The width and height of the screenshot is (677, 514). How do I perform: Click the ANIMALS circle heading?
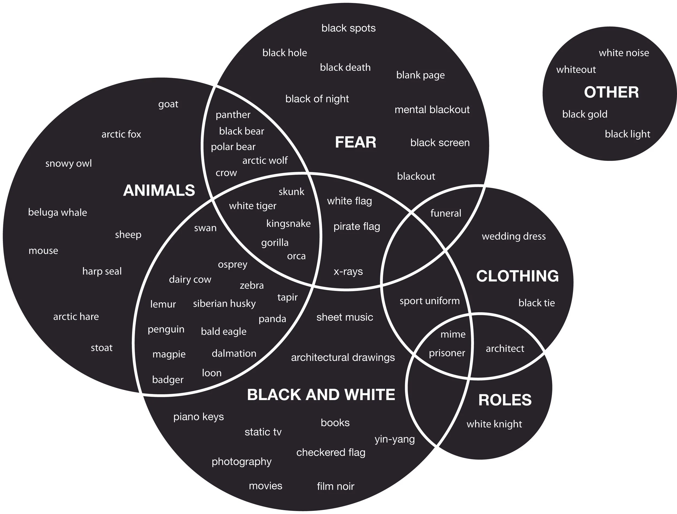point(159,190)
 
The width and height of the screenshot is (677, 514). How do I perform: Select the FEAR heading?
point(355,142)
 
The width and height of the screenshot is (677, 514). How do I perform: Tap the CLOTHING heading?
point(517,276)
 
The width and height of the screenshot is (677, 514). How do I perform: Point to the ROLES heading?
point(505,400)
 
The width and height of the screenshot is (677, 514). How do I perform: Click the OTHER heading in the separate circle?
point(611,92)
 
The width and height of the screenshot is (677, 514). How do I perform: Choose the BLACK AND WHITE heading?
point(321,395)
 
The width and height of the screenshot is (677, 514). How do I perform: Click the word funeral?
point(446,213)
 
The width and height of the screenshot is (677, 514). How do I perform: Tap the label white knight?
point(494,424)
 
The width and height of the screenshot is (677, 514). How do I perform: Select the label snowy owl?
point(69,164)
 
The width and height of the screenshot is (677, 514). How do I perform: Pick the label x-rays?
point(348,272)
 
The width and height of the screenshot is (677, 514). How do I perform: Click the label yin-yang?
point(395,439)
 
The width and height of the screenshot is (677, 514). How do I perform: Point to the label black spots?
point(348,28)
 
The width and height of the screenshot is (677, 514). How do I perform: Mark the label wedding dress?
point(513,236)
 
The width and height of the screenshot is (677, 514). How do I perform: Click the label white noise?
point(624,53)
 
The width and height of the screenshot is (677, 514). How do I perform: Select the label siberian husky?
point(224,304)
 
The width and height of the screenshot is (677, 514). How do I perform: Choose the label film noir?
point(336,486)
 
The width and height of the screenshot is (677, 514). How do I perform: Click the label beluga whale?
point(57,213)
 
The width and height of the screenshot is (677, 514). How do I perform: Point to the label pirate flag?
point(357,227)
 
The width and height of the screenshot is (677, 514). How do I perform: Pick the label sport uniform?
point(429,301)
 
